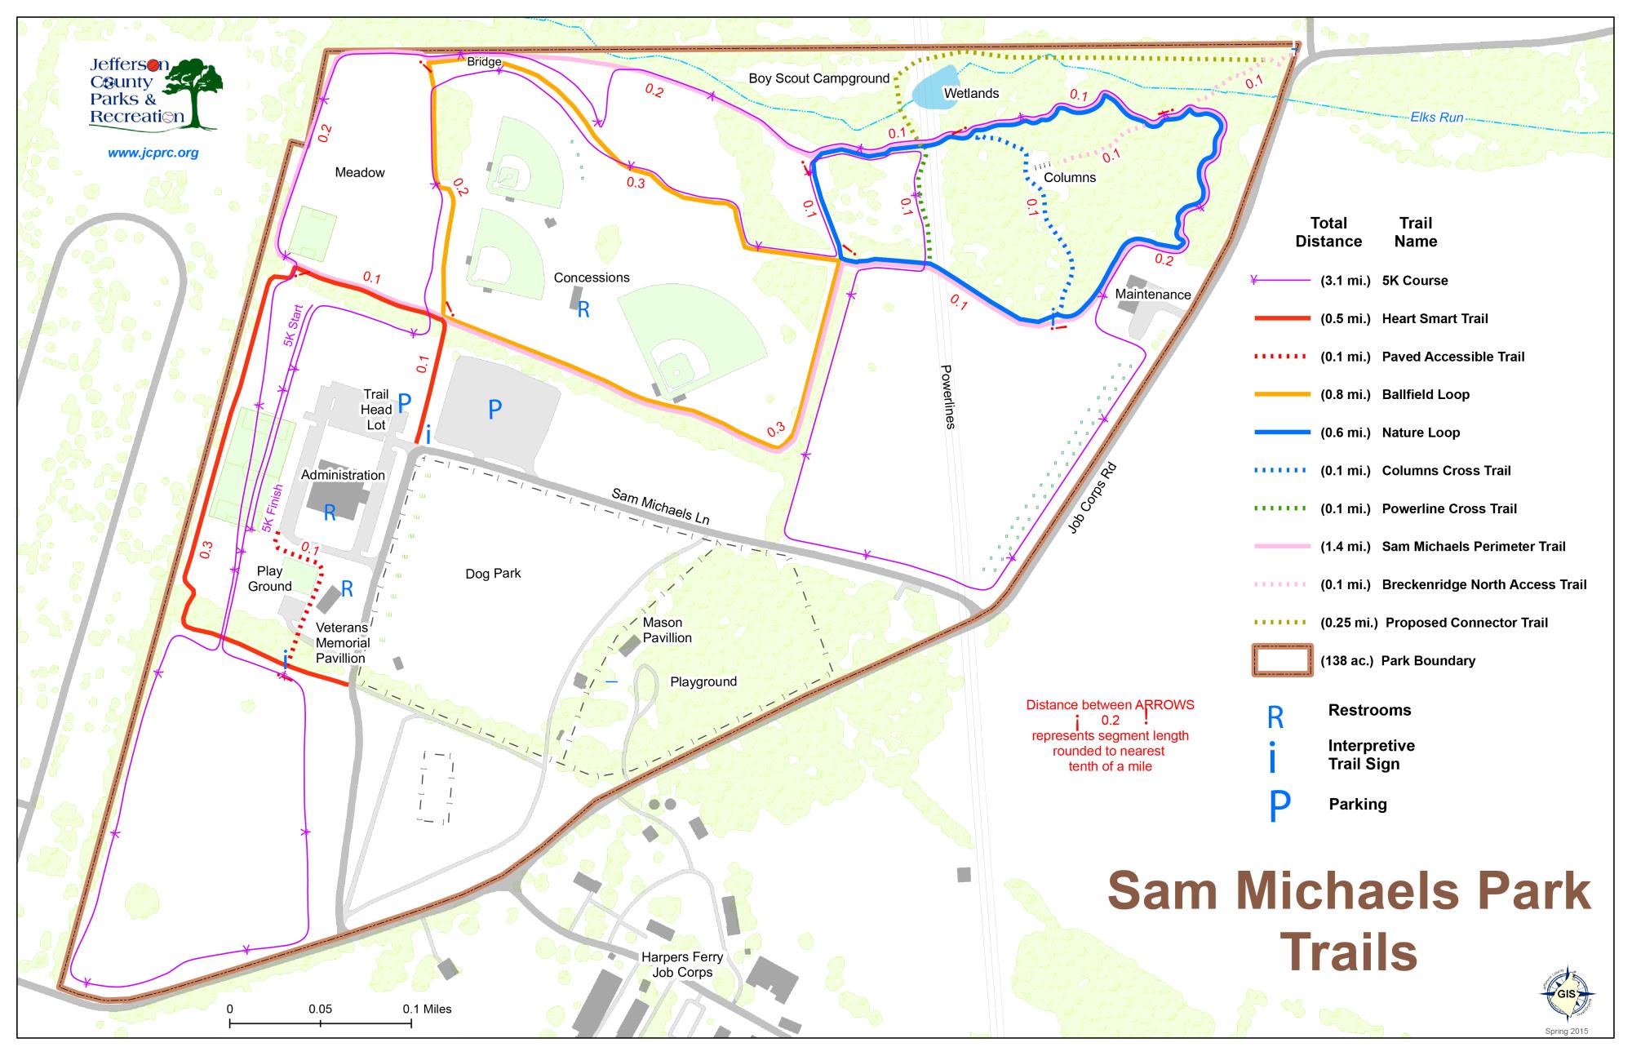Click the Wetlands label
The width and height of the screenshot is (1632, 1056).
pyautogui.click(x=971, y=94)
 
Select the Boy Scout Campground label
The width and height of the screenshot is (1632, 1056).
pyautogui.click(x=818, y=78)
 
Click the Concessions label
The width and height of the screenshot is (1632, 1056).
pyautogui.click(x=592, y=277)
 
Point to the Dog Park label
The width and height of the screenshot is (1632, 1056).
pyautogui.click(x=493, y=574)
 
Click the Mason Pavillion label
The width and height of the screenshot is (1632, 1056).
pyautogui.click(x=667, y=630)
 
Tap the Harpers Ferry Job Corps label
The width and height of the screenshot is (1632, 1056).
pyautogui.click(x=682, y=965)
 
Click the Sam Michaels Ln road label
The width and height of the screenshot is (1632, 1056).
pyautogui.click(x=660, y=507)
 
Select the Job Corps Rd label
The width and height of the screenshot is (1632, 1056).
pyautogui.click(x=1093, y=499)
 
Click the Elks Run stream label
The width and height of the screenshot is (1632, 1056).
pyautogui.click(x=1437, y=118)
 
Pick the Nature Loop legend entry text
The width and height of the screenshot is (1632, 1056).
pyautogui.click(x=1421, y=433)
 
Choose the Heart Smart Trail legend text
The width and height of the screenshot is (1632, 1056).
pyautogui.click(x=1435, y=318)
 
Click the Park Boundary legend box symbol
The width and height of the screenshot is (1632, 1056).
pyautogui.click(x=1281, y=661)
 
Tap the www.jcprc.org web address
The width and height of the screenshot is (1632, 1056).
pyautogui.click(x=153, y=153)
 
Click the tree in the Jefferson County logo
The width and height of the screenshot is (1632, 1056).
pyautogui.click(x=196, y=90)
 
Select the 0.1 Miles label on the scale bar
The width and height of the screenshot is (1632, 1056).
pyautogui.click(x=427, y=1009)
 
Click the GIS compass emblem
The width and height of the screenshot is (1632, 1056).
pyautogui.click(x=1566, y=994)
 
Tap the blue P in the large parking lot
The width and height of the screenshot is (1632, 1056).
pyautogui.click(x=494, y=410)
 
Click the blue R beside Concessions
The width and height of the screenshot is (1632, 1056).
pyautogui.click(x=583, y=310)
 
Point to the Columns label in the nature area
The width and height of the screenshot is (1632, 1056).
pyautogui.click(x=1070, y=177)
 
